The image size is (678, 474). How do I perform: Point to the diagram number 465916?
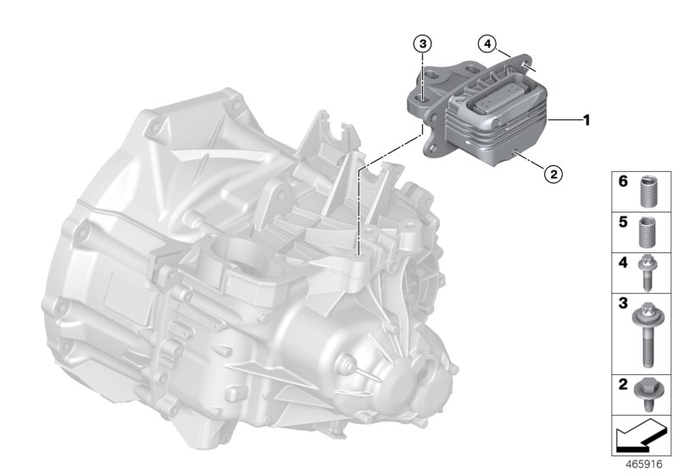point(642,465)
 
